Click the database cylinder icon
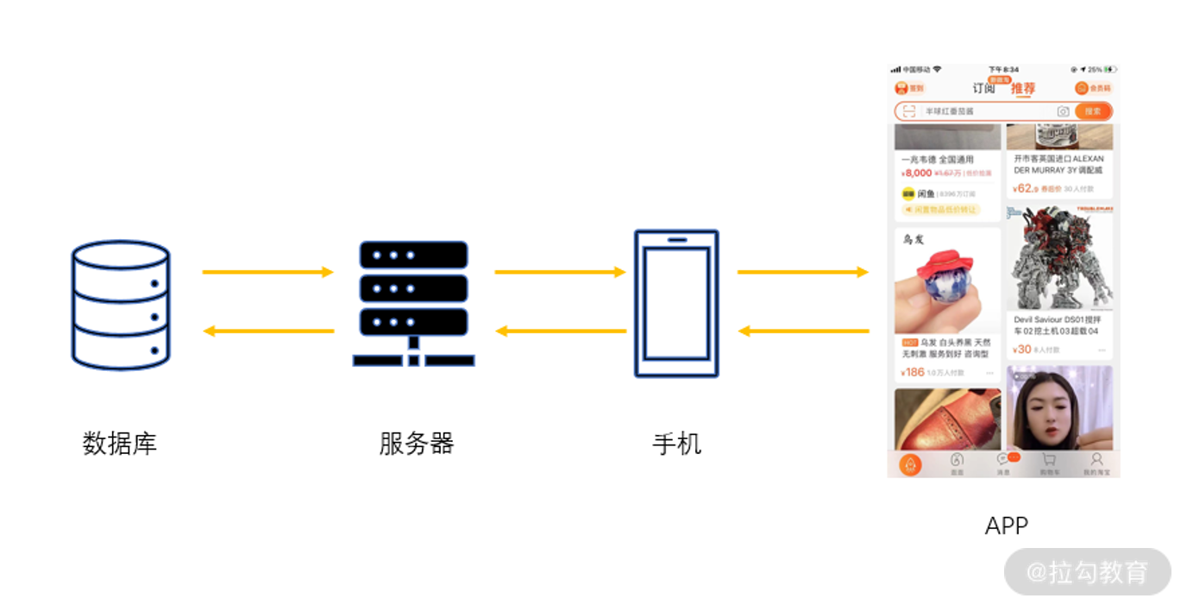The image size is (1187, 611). tap(121, 305)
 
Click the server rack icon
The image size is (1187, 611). tap(414, 303)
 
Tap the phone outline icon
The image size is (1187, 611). tap(676, 303)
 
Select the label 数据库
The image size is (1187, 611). tap(120, 444)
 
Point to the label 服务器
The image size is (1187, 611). tap(416, 444)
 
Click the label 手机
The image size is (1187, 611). tap(676, 444)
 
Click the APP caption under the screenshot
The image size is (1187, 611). tap(1007, 526)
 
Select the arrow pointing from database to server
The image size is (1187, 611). tap(267, 272)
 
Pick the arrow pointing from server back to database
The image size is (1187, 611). tap(267, 331)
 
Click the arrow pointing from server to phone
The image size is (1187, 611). tap(559, 272)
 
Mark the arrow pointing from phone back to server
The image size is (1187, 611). tap(559, 331)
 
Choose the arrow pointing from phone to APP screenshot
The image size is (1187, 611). tap(802, 272)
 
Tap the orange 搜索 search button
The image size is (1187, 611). tap(1093, 111)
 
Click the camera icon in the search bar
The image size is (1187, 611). tap(1063, 111)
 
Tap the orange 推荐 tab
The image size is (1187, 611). tap(1023, 88)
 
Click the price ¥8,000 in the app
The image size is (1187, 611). tap(916, 173)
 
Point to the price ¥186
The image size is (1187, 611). tap(913, 373)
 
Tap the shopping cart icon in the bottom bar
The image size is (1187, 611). tap(1049, 461)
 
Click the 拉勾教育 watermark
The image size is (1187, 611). tap(1088, 571)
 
